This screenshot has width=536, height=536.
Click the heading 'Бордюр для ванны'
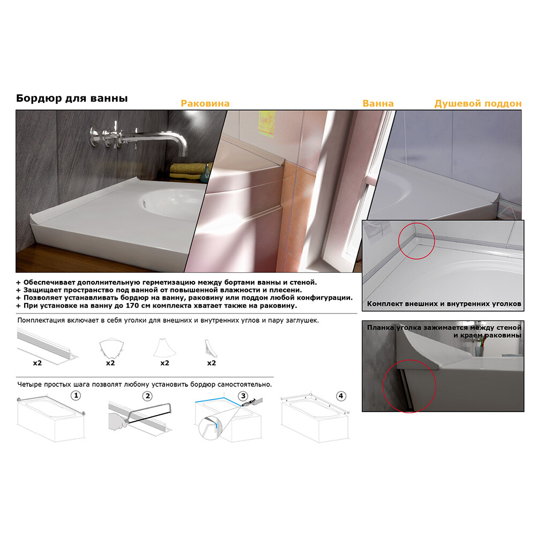tap(72, 99)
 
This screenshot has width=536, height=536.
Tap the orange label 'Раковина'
tap(205, 103)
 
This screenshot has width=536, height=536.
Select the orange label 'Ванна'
tap(378, 103)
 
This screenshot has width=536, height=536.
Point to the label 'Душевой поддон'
tap(478, 103)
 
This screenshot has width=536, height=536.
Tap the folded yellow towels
tap(189, 171)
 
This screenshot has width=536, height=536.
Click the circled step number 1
tap(76, 396)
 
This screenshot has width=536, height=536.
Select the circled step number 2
tap(147, 396)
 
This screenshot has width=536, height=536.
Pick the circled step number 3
tap(243, 396)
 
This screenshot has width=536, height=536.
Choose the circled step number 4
tap(341, 396)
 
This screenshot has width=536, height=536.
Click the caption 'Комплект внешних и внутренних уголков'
tap(444, 303)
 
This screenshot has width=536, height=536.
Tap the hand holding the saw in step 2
tap(118, 421)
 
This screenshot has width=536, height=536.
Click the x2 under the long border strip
tap(38, 363)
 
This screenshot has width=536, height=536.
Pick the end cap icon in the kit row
tap(210, 348)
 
